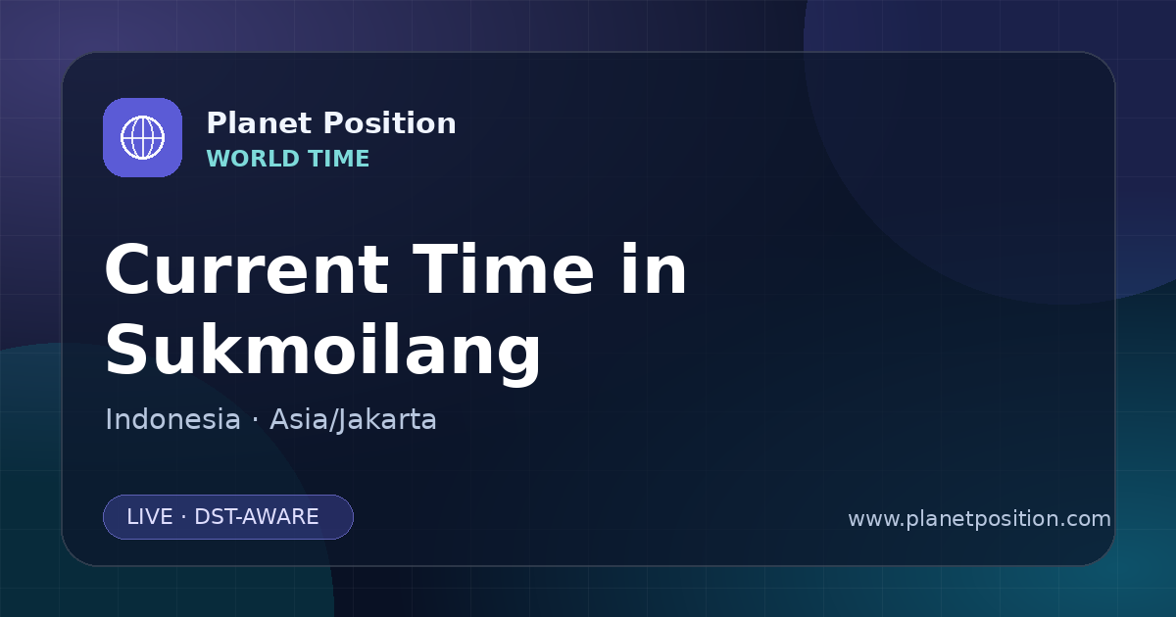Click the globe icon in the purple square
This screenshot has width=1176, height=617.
click(142, 137)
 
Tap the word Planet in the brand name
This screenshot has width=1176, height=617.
click(260, 123)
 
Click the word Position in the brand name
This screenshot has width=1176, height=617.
click(390, 123)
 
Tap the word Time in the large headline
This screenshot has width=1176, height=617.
click(503, 269)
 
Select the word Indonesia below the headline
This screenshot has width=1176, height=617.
click(172, 419)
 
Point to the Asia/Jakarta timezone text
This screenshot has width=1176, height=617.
click(353, 420)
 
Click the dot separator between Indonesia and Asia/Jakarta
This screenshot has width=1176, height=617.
click(255, 420)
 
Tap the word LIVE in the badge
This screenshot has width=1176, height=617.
click(150, 517)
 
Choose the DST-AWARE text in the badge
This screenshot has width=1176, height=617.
click(256, 517)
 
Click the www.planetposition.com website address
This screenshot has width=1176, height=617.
click(980, 519)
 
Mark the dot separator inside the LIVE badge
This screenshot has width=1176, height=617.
click(184, 517)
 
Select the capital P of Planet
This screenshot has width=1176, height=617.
click(216, 123)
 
